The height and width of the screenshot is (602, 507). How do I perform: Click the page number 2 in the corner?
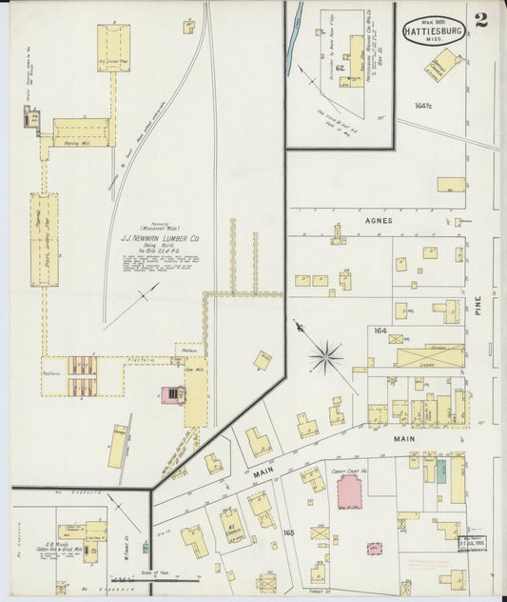(481, 20)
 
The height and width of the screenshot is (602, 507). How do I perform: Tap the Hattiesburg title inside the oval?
(434, 30)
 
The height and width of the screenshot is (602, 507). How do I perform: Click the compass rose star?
(325, 356)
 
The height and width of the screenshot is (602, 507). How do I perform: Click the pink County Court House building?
(350, 492)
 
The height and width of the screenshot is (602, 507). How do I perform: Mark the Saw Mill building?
(196, 391)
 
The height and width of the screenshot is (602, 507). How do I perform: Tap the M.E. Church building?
(232, 523)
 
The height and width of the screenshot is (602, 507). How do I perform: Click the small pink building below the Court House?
(375, 549)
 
